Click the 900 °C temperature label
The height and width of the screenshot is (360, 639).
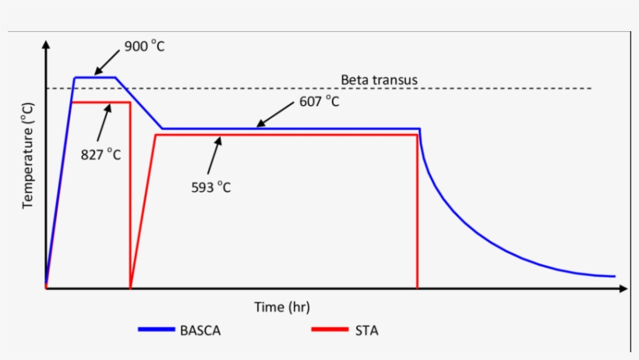145,46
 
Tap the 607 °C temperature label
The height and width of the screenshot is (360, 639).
319,102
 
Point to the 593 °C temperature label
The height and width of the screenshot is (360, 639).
211,187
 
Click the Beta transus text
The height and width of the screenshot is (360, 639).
380,79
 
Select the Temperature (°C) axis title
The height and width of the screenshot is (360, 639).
28,156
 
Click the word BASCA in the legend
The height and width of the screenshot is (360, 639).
200,330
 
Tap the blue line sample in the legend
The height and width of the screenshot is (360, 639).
157,330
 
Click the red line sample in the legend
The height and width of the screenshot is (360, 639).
329,330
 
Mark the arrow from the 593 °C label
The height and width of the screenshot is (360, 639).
214,156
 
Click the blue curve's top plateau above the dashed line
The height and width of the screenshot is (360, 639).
94,77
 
